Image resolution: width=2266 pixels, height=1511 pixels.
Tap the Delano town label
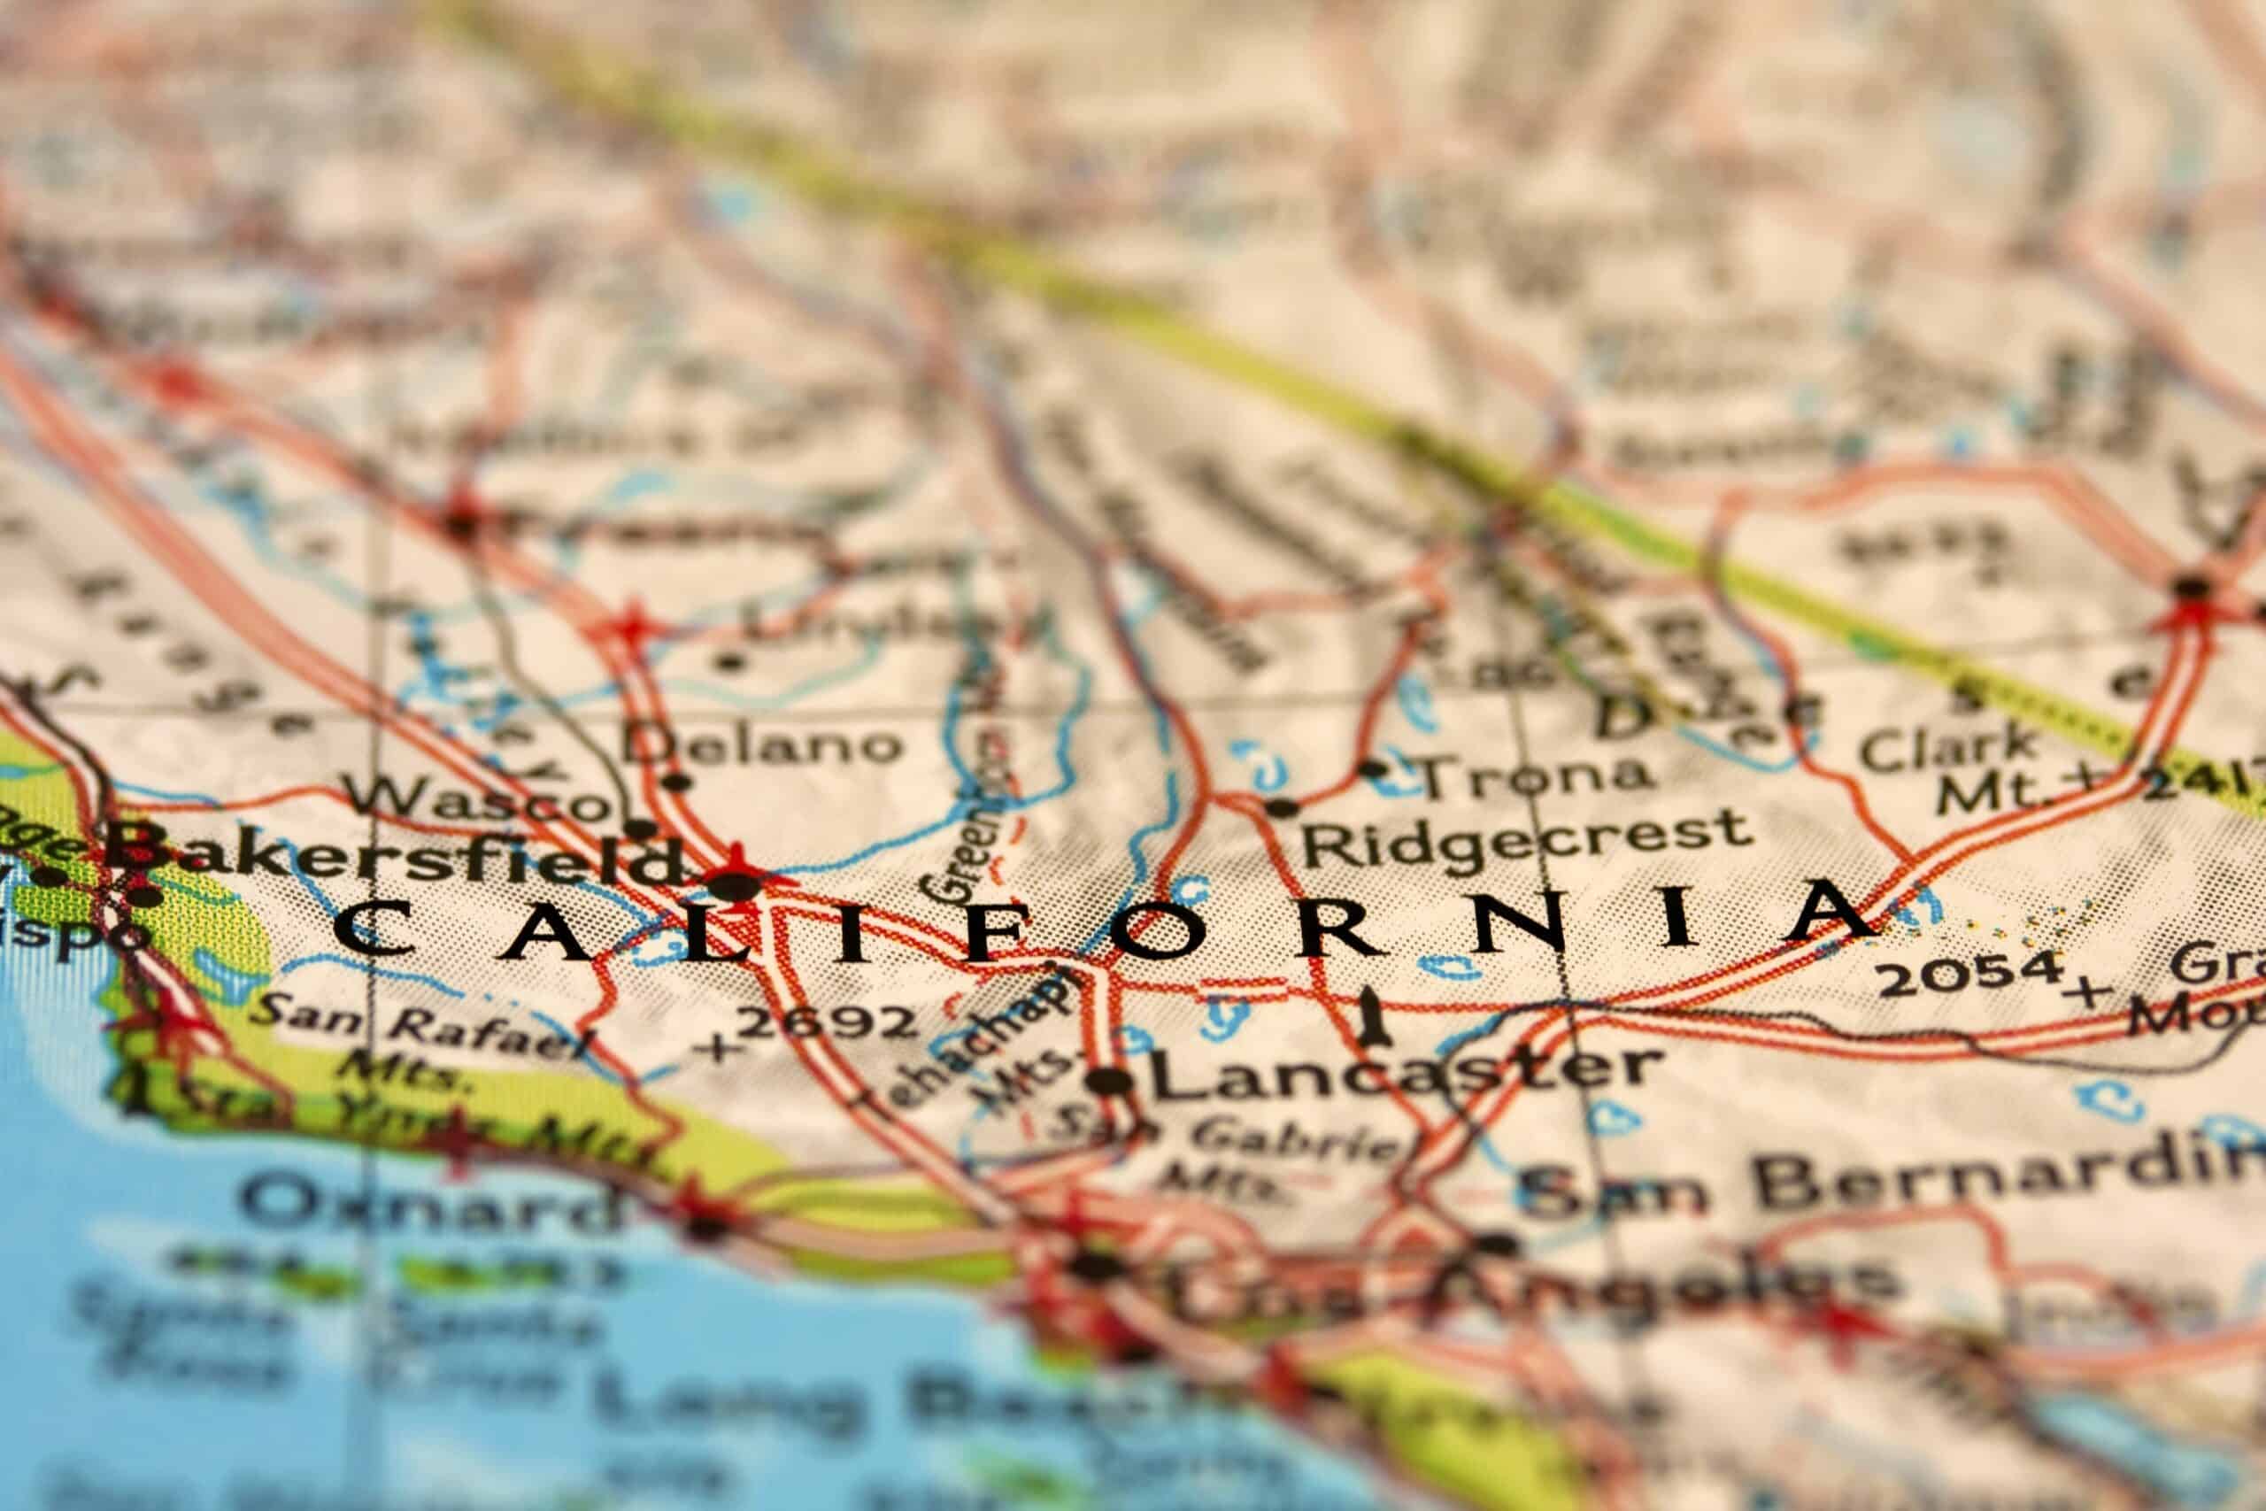pyautogui.click(x=760, y=744)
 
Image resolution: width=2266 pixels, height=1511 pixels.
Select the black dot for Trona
pyautogui.click(x=1372, y=768)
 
